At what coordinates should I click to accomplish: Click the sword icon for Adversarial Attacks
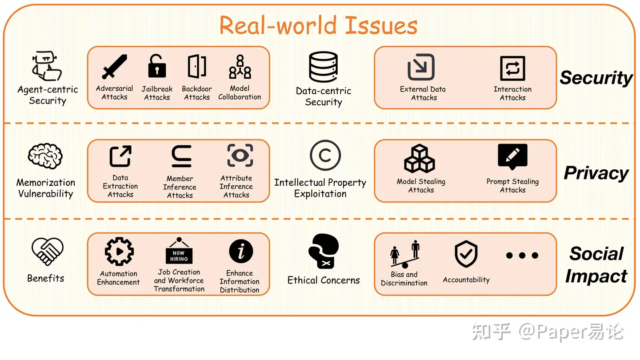coord(114,67)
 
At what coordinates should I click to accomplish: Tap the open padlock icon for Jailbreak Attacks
coord(156,66)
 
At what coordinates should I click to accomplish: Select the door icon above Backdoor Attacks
coord(196,66)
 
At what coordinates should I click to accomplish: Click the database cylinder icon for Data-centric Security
coord(324,67)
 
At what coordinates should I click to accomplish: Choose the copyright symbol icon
coord(325,156)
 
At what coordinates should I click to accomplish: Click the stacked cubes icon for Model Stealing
coord(420,158)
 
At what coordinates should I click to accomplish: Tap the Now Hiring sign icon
coord(179,252)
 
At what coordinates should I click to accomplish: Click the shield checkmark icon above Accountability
coord(466,254)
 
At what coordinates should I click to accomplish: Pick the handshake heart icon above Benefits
coord(47,251)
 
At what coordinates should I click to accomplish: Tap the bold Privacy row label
coord(596,173)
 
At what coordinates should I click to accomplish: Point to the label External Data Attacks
coord(423,93)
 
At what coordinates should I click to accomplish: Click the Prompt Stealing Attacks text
coord(512,186)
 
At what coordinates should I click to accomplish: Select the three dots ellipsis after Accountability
coord(522,256)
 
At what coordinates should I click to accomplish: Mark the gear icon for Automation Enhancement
coord(119,251)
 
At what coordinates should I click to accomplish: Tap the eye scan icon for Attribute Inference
coord(240,156)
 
